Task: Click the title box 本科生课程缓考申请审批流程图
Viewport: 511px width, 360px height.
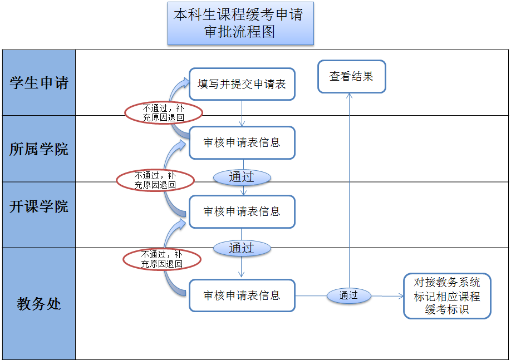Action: click(240, 23)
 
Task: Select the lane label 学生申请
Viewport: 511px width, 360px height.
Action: click(39, 83)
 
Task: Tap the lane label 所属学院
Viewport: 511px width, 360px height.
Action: click(39, 149)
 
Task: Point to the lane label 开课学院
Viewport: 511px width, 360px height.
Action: click(39, 206)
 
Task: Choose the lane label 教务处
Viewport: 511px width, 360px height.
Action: click(39, 304)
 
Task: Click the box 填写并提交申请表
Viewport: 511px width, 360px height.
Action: click(242, 84)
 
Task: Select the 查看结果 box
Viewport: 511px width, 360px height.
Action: click(351, 76)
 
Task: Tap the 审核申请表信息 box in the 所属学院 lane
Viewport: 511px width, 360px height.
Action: click(242, 142)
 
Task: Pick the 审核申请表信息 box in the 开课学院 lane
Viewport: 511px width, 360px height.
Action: click(242, 211)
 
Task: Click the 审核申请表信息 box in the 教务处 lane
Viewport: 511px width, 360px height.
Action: click(242, 295)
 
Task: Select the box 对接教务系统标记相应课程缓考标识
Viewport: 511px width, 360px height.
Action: click(447, 296)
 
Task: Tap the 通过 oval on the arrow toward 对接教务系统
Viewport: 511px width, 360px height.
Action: click(348, 295)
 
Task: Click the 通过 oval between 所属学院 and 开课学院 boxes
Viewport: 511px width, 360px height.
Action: click(242, 177)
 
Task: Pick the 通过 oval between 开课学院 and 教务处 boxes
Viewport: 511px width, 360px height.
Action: click(242, 248)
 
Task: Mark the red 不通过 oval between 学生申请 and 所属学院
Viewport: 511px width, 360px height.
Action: click(163, 113)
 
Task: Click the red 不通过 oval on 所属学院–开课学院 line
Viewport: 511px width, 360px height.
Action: click(155, 180)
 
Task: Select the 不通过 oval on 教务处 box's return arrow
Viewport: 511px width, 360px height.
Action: click(162, 259)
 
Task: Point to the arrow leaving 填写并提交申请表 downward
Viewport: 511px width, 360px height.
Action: click(242, 114)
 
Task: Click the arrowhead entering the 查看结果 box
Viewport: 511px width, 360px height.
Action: click(350, 96)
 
